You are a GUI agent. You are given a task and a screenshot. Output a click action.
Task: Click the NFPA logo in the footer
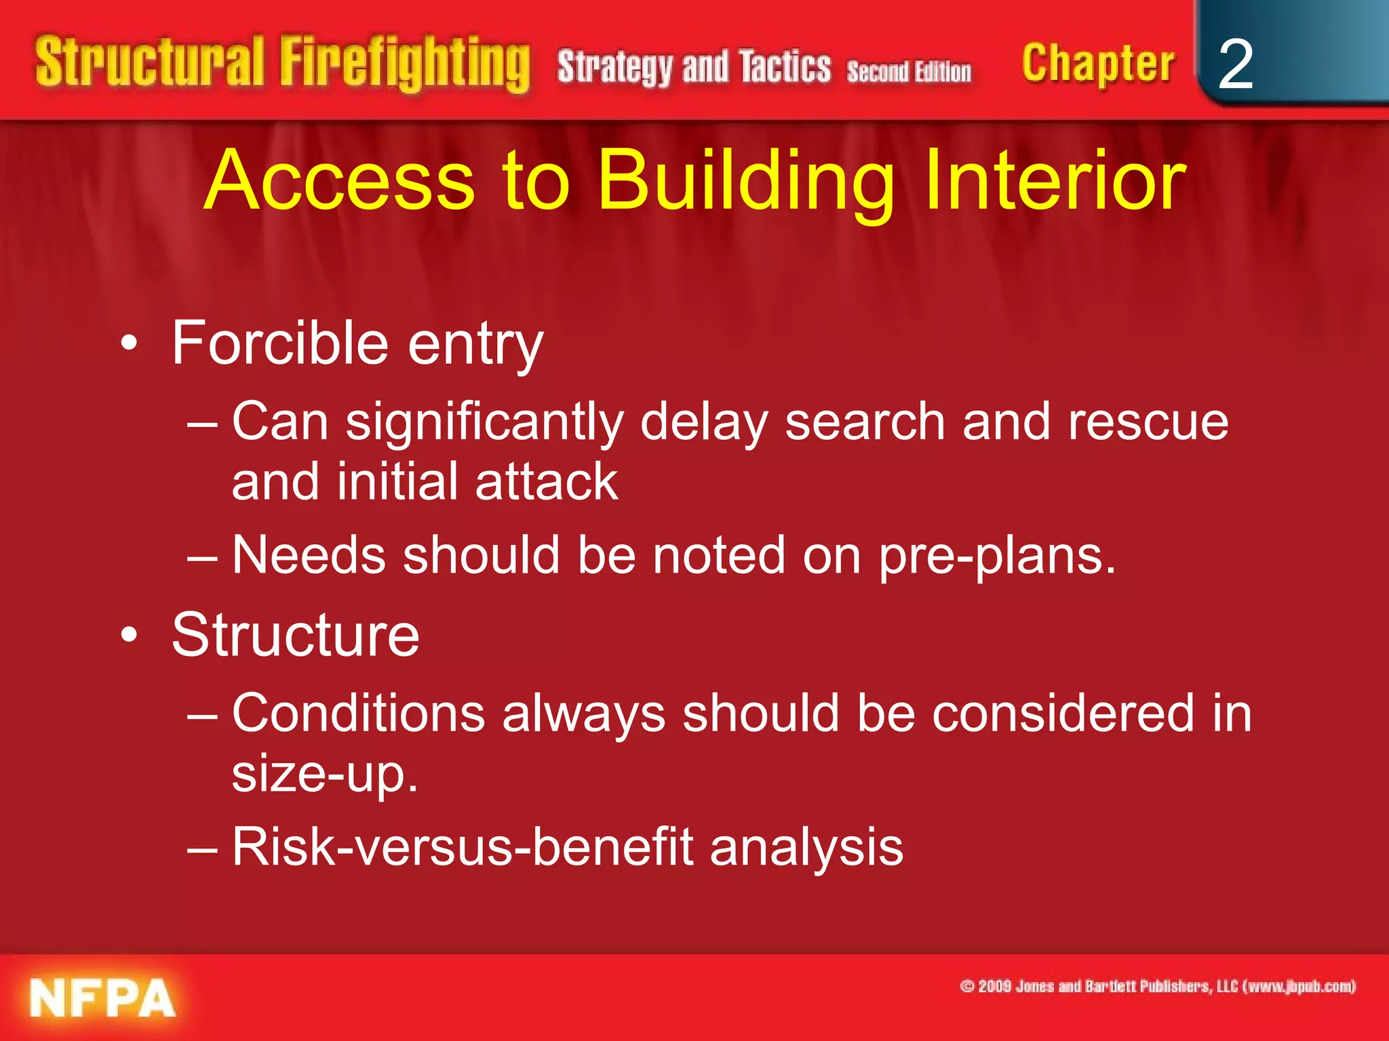102,998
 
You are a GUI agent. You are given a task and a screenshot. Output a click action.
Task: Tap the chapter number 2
1235,65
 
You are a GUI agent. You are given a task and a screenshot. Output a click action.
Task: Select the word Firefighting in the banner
405,64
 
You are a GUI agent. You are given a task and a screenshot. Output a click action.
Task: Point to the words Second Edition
909,71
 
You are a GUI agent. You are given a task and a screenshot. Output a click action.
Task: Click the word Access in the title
339,181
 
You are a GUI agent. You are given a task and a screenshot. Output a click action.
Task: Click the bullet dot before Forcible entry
129,344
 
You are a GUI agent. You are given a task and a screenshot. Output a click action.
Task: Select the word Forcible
279,344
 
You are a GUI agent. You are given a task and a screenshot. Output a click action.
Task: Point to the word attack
547,482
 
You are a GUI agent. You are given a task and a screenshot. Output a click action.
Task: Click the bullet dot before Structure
129,635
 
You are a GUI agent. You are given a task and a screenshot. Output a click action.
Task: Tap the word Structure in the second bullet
296,635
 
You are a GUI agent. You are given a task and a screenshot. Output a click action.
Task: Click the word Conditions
359,714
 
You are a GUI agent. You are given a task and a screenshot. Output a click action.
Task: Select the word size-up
324,774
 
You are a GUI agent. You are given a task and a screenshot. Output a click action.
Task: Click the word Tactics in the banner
785,67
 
